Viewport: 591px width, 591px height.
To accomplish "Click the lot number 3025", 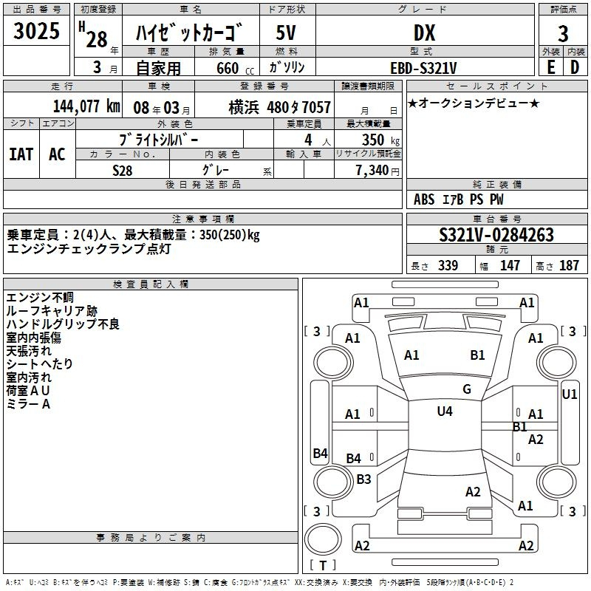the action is click(36, 30).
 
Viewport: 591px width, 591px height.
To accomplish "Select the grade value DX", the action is click(424, 33).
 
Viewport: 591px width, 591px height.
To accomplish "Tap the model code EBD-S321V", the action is click(423, 68).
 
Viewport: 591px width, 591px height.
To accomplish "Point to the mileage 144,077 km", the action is click(86, 106).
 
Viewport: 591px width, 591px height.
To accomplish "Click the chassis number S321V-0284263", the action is click(496, 235).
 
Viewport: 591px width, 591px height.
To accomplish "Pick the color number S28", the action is click(122, 171).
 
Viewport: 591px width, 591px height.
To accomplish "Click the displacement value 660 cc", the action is click(235, 68).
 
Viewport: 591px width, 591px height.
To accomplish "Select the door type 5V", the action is click(286, 33).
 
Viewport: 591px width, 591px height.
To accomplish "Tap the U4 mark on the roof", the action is click(445, 411).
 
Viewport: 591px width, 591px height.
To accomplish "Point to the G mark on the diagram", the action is click(467, 389).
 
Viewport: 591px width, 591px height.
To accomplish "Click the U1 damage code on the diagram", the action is click(569, 394).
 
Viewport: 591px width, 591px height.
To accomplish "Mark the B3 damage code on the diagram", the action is click(363, 479).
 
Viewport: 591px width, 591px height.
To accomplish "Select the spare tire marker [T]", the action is click(323, 565).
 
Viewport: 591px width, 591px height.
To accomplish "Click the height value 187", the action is click(569, 265).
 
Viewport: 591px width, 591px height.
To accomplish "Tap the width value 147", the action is click(510, 265).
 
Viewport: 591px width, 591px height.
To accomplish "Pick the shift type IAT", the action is click(21, 154).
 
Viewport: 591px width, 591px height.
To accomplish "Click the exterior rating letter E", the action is click(551, 67).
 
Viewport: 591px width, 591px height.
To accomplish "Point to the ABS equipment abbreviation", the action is click(424, 199).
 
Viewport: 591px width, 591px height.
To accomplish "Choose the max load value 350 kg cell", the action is click(368, 140).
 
